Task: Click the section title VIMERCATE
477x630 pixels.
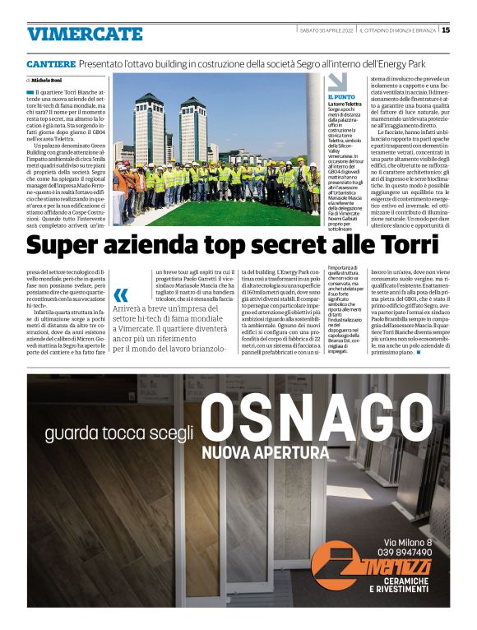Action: click(x=85, y=34)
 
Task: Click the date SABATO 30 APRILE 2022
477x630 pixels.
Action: click(x=327, y=30)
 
